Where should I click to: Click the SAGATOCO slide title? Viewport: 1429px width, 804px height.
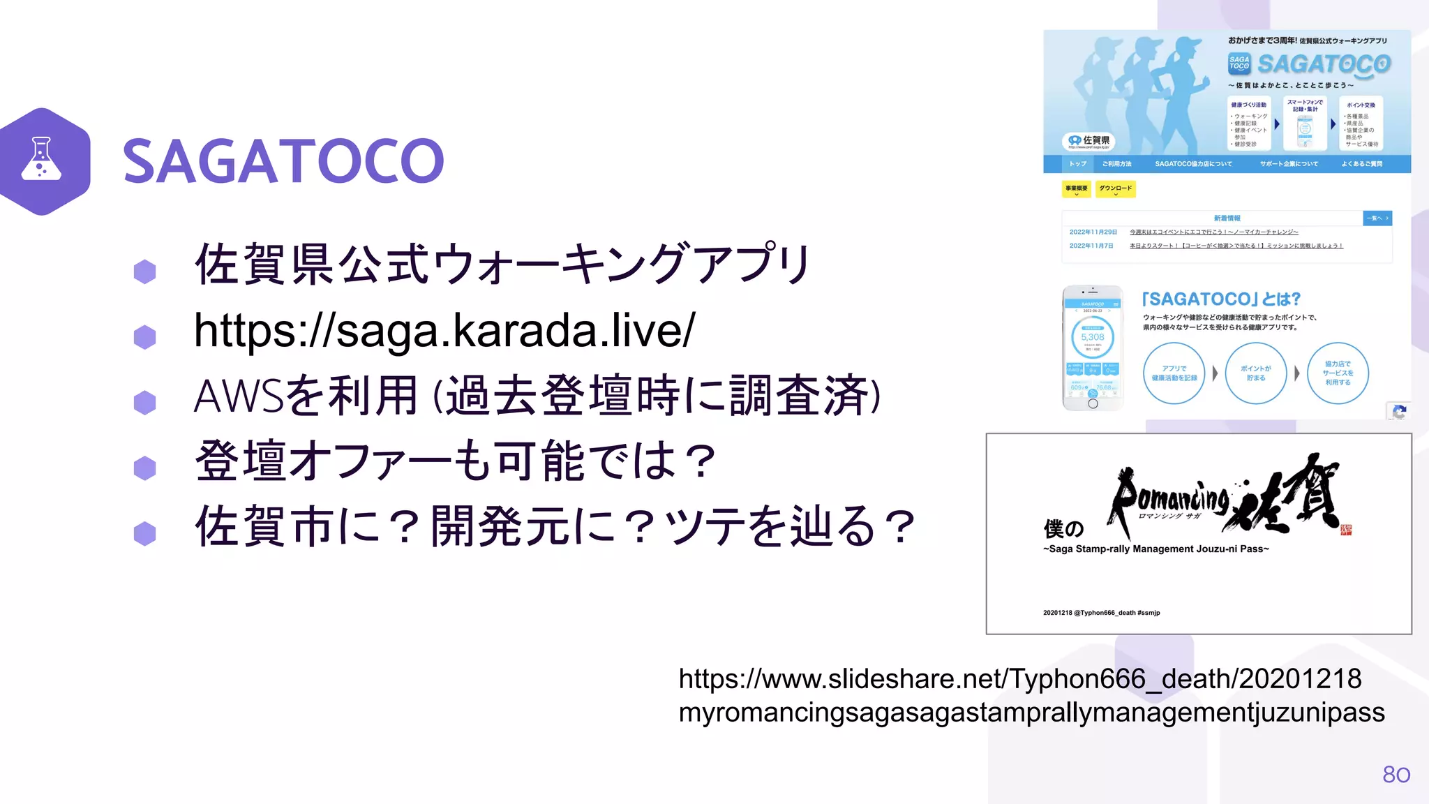[x=283, y=161]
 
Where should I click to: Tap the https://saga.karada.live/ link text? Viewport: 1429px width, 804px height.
[x=444, y=330]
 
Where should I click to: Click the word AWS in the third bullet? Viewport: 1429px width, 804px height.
[x=238, y=396]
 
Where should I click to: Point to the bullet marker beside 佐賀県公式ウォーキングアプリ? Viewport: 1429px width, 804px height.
[x=144, y=271]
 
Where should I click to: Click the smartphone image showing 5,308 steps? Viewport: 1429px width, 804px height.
[x=1093, y=348]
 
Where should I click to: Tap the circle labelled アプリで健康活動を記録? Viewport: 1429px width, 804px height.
[x=1174, y=373]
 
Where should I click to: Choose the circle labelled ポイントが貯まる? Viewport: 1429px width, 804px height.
[x=1256, y=373]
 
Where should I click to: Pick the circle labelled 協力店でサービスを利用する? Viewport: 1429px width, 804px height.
[x=1338, y=373]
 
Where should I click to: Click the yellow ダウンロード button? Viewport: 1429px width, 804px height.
[x=1115, y=188]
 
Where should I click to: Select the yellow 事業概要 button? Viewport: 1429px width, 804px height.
[x=1077, y=188]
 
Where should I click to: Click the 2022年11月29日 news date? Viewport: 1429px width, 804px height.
[x=1093, y=232]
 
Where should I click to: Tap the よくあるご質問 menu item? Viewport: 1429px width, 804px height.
[x=1361, y=164]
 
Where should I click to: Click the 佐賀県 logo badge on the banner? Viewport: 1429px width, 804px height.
[x=1088, y=141]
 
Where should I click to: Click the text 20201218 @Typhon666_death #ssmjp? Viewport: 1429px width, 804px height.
[x=1101, y=613]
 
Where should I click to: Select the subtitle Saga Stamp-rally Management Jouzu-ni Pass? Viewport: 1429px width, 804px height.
[x=1155, y=549]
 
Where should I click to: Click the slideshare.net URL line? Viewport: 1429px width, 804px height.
[x=1019, y=678]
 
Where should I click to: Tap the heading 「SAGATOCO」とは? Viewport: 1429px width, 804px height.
[x=1221, y=299]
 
